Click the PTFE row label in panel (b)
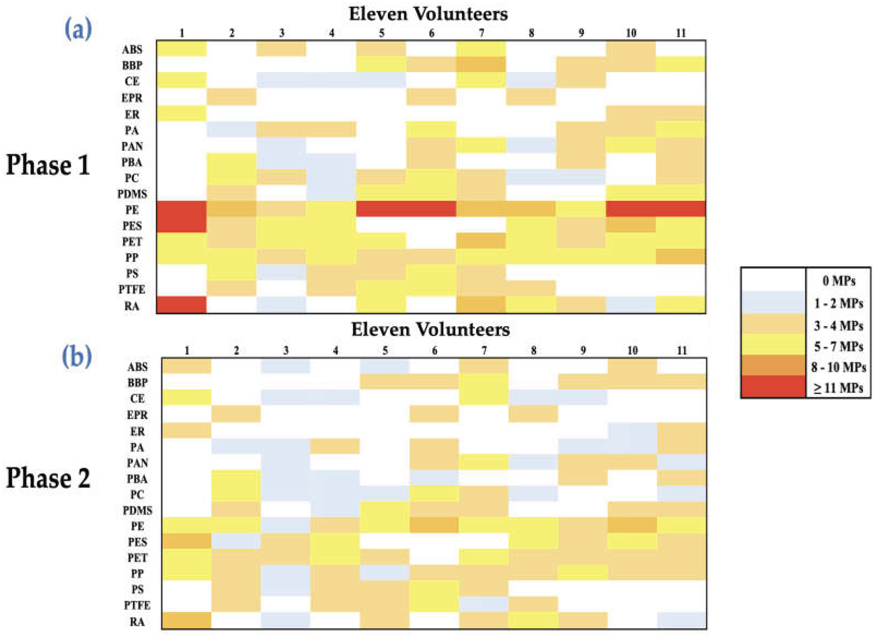137,605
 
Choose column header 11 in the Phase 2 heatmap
682,350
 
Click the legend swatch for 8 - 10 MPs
773,366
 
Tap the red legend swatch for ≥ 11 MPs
773,386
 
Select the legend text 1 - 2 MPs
838,304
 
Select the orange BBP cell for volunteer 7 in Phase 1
481,65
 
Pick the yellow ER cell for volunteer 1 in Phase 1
181,114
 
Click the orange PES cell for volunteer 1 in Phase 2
187,541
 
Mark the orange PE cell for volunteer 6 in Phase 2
434,525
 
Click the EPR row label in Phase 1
132,98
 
